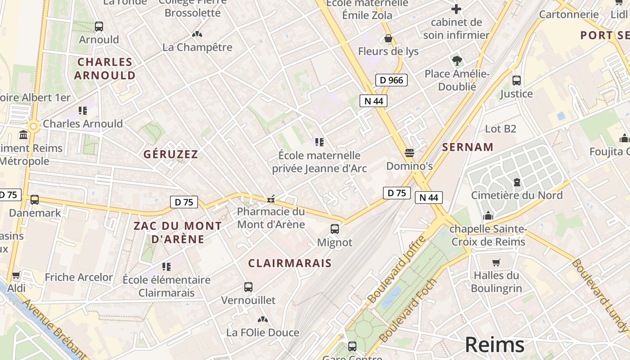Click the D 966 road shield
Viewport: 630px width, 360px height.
pyautogui.click(x=391, y=80)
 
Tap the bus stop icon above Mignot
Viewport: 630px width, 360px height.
pyautogui.click(x=335, y=229)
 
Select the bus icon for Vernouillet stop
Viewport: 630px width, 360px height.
pyautogui.click(x=248, y=287)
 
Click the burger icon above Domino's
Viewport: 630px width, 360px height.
pyautogui.click(x=409, y=153)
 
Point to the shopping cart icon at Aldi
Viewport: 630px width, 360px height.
pyautogui.click(x=16, y=275)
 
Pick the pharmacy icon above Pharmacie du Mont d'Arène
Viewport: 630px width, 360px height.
pyautogui.click(x=271, y=198)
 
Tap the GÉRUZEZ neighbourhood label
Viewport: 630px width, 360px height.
pyautogui.click(x=171, y=154)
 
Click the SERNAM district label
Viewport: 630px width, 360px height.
pyautogui.click(x=468, y=147)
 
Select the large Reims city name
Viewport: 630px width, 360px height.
pyautogui.click(x=495, y=345)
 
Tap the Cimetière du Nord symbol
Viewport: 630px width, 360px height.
pyautogui.click(x=517, y=182)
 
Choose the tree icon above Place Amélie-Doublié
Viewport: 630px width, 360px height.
pyautogui.click(x=457, y=60)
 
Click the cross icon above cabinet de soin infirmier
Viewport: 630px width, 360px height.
pyautogui.click(x=456, y=9)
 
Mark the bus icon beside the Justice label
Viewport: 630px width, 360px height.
pyautogui.click(x=516, y=81)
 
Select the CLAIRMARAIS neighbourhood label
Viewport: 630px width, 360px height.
pyautogui.click(x=290, y=263)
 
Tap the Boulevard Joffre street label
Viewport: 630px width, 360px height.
pyautogui.click(x=396, y=269)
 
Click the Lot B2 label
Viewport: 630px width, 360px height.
pyautogui.click(x=500, y=129)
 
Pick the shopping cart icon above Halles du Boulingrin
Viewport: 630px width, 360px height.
pyautogui.click(x=496, y=262)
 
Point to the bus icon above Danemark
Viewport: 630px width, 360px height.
pyautogui.click(x=35, y=200)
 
